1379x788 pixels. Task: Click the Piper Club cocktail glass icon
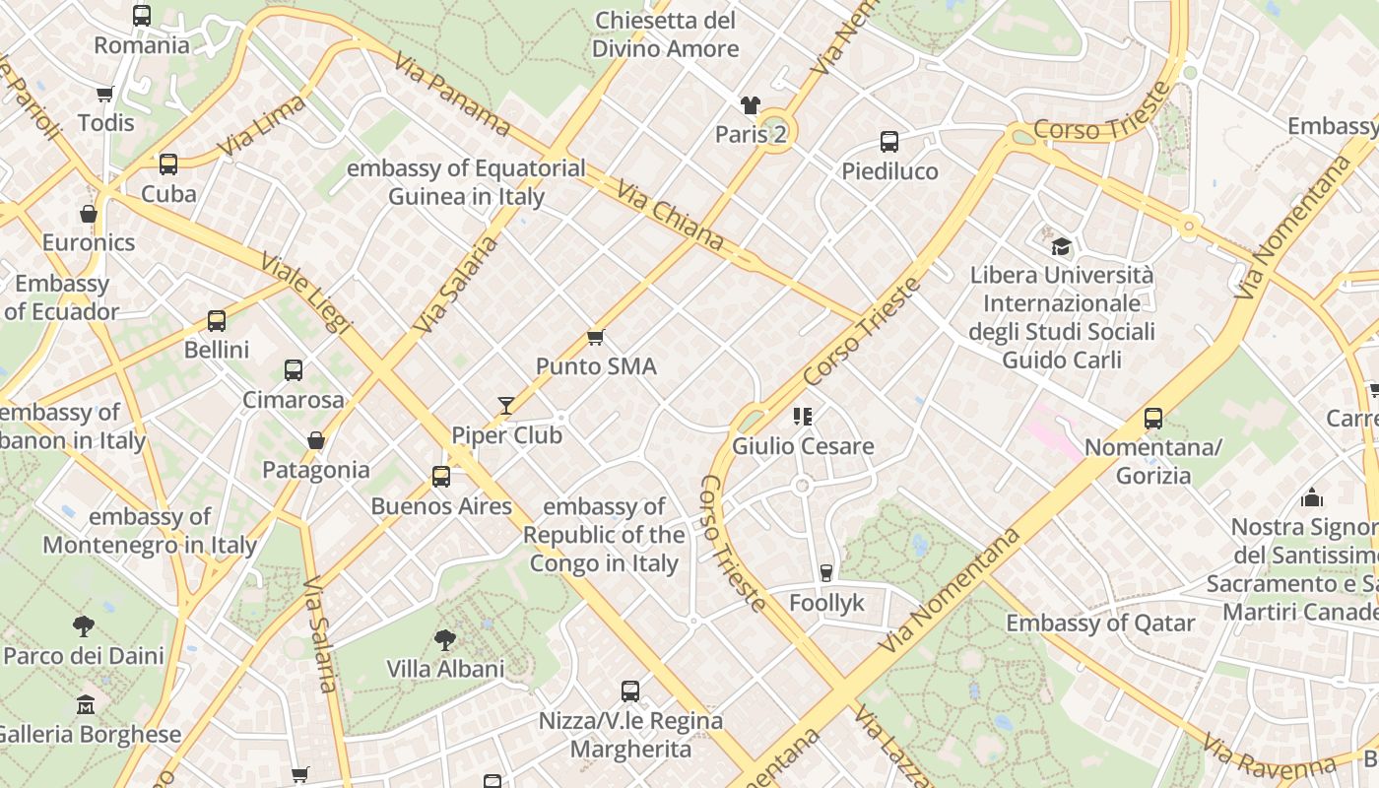[x=506, y=405]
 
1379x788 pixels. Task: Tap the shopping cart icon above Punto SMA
[x=595, y=338]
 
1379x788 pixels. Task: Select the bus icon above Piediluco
[x=889, y=142]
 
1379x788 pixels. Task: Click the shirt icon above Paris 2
[x=751, y=105]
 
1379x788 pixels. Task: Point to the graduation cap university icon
[x=1061, y=245]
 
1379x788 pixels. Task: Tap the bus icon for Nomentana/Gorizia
[x=1153, y=419]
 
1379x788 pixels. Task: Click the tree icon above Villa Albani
[x=445, y=639]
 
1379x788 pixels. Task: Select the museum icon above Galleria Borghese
[x=86, y=705]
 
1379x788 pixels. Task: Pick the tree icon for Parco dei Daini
[x=84, y=625]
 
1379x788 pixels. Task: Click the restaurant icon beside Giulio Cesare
[x=803, y=417]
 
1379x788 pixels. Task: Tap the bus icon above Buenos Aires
[x=441, y=477]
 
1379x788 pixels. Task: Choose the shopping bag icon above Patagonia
[x=316, y=440]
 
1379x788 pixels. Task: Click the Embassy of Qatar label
[x=1099, y=623]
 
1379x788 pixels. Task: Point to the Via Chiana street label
[x=670, y=215]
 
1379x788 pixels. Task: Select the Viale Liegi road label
[x=307, y=293]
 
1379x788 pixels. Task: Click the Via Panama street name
[x=452, y=94]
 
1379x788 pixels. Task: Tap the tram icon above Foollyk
[x=826, y=573]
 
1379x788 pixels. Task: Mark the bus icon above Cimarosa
[x=294, y=370]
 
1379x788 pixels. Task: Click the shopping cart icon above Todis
[x=105, y=95]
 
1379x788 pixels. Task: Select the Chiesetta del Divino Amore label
[x=666, y=34]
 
